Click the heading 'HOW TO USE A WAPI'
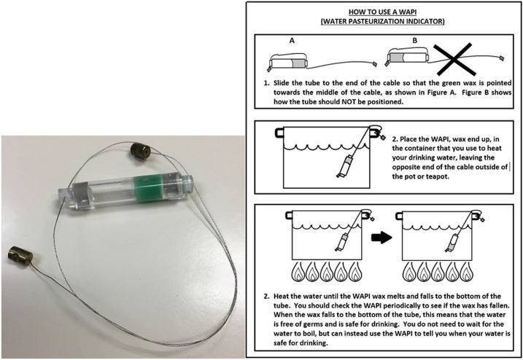[384, 12]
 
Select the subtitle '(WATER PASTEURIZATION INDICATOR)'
[384, 23]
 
